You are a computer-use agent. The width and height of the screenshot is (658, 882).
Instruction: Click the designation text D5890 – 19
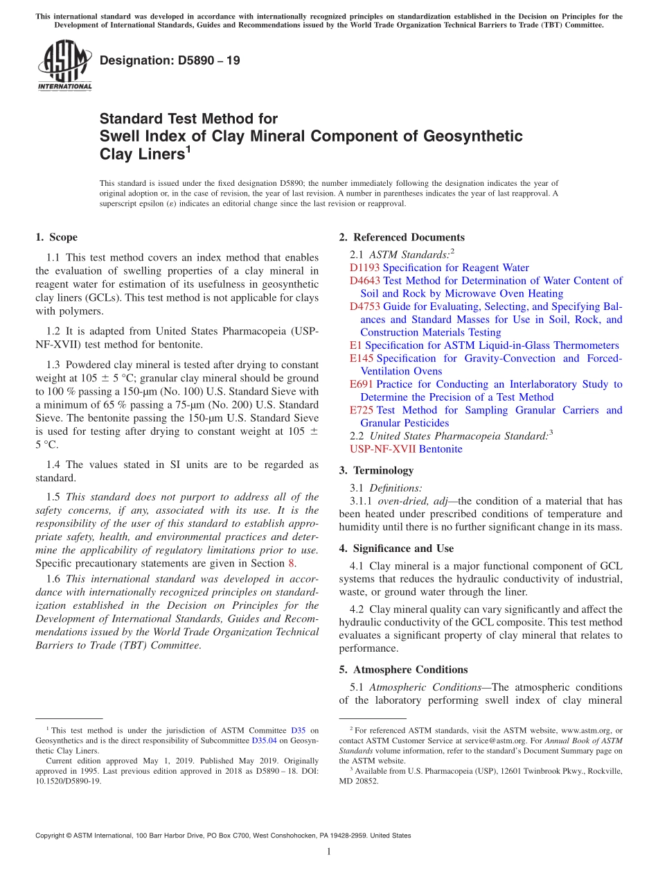[170, 61]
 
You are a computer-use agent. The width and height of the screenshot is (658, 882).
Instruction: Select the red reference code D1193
[364, 268]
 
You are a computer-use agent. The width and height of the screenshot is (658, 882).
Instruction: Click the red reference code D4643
[364, 281]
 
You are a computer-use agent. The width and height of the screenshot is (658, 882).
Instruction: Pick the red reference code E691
[362, 384]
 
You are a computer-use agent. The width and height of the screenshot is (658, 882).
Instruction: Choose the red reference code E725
[362, 410]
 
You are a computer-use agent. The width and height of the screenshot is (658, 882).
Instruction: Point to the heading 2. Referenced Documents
[402, 237]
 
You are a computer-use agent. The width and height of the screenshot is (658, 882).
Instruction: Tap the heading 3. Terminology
[376, 470]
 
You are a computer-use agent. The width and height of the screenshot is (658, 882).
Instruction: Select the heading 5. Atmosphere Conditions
[403, 670]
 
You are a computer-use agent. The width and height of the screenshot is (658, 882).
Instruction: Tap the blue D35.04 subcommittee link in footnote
[263, 741]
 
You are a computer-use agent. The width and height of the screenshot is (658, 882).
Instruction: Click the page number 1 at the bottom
[329, 851]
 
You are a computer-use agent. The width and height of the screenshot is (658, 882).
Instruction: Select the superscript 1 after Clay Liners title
[188, 149]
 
